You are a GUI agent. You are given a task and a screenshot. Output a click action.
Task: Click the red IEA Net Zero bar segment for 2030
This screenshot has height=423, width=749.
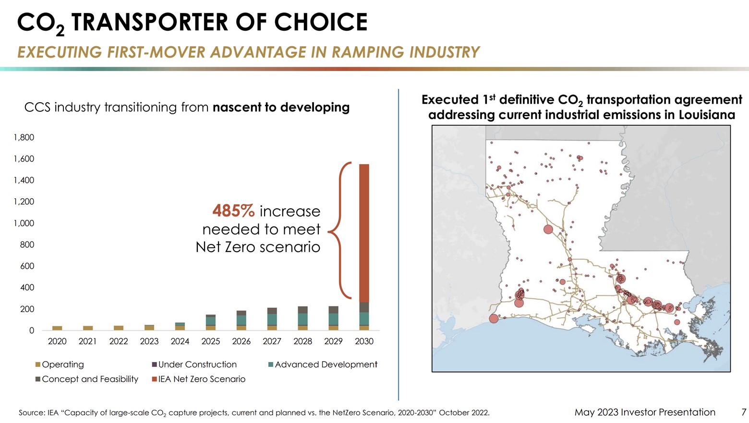tap(364, 233)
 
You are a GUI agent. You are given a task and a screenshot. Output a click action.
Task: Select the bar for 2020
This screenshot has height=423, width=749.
tap(57, 328)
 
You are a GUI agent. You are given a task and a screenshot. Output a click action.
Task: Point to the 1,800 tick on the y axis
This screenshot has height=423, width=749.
tap(24, 137)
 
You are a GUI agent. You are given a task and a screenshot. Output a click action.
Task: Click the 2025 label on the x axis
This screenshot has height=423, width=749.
tap(210, 341)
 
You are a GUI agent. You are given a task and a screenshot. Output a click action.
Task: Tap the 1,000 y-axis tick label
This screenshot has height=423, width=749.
tap(24, 223)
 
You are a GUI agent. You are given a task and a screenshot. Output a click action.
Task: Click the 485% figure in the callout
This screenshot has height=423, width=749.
tap(233, 211)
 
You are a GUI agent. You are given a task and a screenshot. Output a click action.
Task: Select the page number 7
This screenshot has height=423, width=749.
tap(744, 412)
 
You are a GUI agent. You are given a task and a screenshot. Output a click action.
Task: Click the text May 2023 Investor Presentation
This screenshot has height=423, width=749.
tap(645, 412)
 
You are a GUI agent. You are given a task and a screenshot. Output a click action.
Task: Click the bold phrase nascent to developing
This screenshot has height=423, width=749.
tap(281, 107)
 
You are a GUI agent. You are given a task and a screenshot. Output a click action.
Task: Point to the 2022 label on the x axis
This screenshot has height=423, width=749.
tap(118, 341)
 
